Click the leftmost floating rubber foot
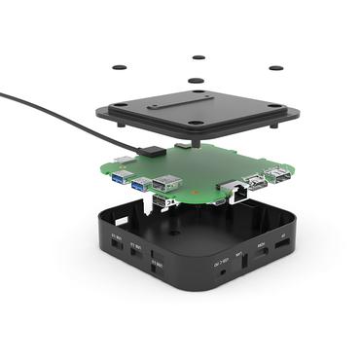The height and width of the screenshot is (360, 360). click(119, 66)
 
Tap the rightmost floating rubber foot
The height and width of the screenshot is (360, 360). click(275, 68)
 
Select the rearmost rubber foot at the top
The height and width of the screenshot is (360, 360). click(198, 56)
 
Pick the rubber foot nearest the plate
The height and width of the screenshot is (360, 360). click(197, 81)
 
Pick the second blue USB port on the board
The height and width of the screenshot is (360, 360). click(140, 183)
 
